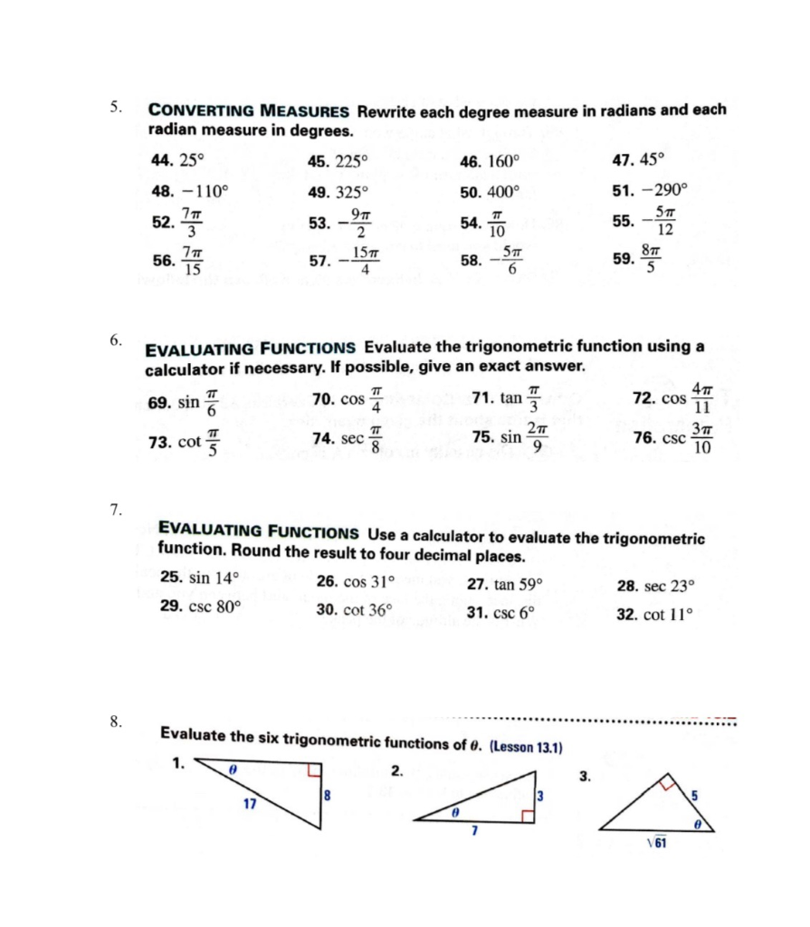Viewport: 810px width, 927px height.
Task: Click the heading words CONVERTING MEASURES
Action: click(x=249, y=111)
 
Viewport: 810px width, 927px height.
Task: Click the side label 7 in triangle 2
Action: click(x=474, y=830)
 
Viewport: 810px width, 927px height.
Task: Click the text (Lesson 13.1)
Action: click(x=526, y=748)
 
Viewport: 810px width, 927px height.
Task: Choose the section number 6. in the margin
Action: click(x=115, y=340)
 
